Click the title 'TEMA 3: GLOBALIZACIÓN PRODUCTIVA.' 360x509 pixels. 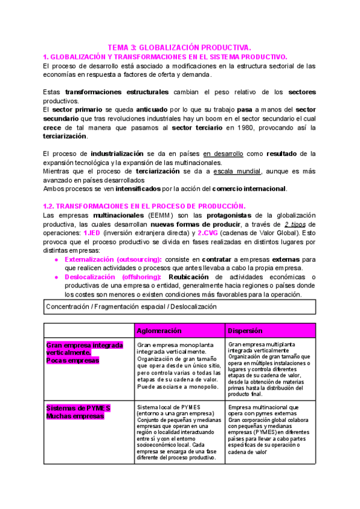tap(179, 47)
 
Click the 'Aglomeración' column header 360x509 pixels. tap(159, 331)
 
